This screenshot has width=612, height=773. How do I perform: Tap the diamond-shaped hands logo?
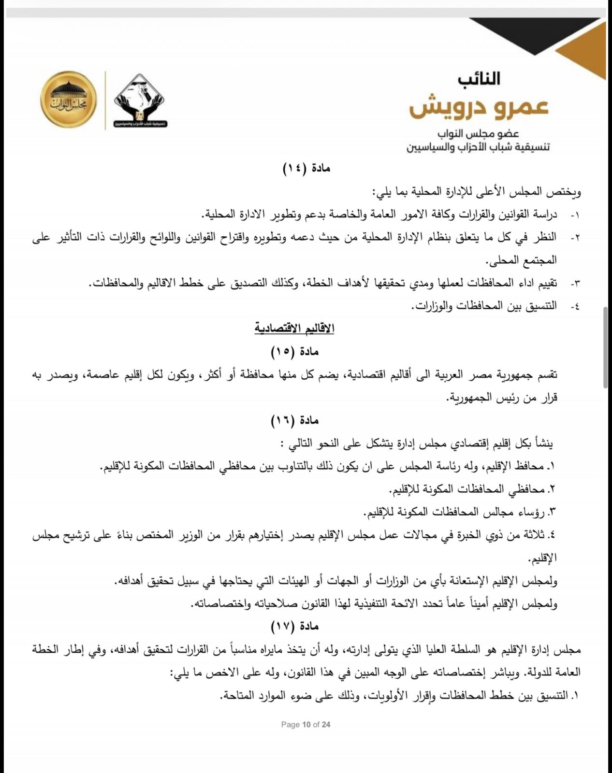click(139, 100)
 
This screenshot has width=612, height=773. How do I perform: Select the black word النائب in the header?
click(479, 79)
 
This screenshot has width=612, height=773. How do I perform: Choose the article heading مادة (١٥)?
click(294, 351)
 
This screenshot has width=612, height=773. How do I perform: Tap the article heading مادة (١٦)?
click(294, 420)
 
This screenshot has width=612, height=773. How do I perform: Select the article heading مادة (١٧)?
click(294, 627)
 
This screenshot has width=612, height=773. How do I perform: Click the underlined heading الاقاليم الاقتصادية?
click(294, 329)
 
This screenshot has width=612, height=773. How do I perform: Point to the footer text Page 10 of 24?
click(306, 724)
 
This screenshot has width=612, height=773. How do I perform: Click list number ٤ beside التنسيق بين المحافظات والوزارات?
click(575, 306)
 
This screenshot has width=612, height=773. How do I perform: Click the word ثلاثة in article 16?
click(532, 535)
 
